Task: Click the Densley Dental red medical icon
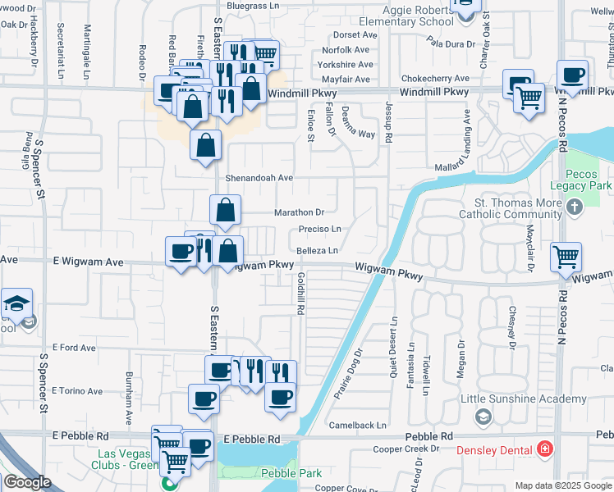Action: [x=544, y=449]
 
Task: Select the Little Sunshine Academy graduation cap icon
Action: [x=483, y=417]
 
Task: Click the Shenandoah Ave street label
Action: [x=260, y=177]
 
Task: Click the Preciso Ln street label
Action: [x=319, y=230]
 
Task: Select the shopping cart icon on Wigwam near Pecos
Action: [x=566, y=257]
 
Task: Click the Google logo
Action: [x=27, y=482]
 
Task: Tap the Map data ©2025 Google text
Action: [x=563, y=485]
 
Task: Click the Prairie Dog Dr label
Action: [x=347, y=373]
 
